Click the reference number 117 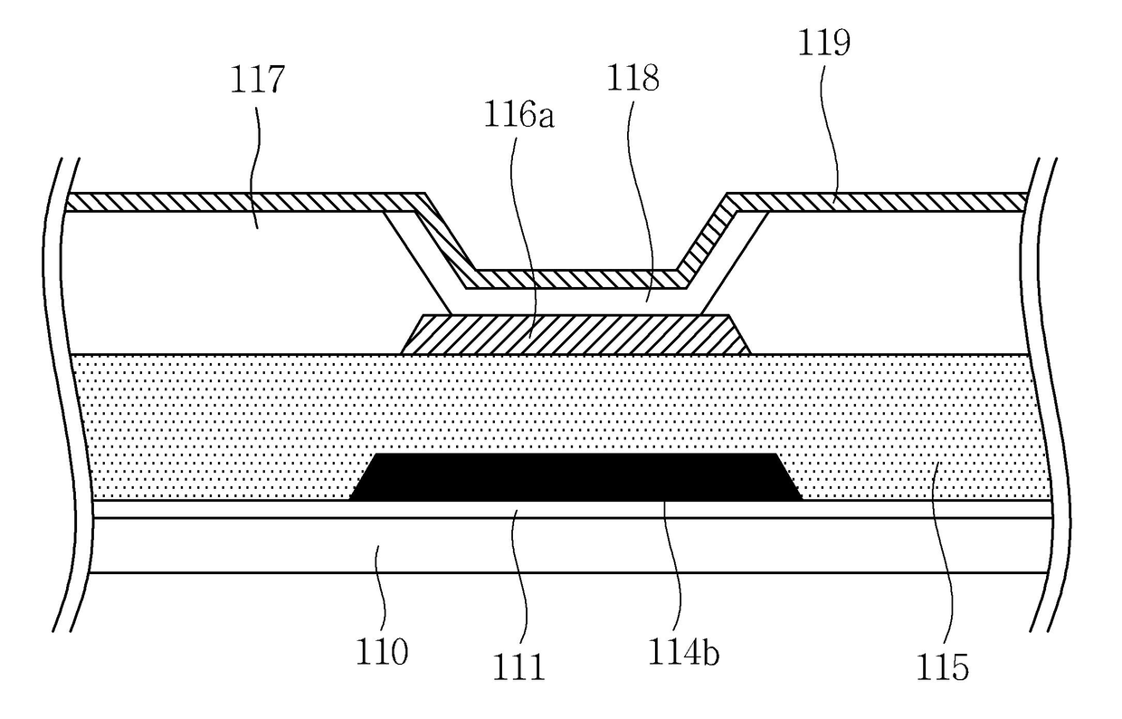click(x=258, y=79)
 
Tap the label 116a click(x=519, y=116)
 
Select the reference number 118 click(x=632, y=78)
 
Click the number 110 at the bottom click(x=382, y=652)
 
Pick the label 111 click(x=518, y=666)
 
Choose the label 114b click(x=683, y=652)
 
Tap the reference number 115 click(x=942, y=666)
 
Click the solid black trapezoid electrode click(x=575, y=477)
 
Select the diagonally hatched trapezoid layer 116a click(x=576, y=334)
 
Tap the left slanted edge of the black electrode click(x=362, y=477)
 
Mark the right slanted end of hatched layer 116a click(x=740, y=334)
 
